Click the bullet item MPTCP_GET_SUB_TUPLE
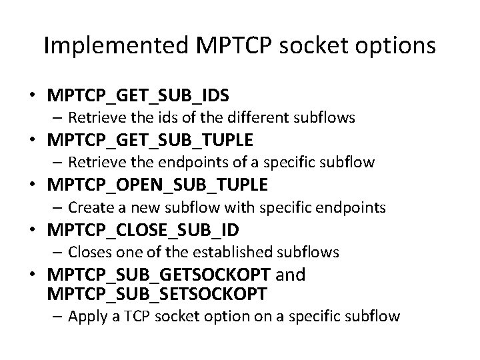point(150,140)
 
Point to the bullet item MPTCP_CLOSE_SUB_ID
point(143,229)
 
